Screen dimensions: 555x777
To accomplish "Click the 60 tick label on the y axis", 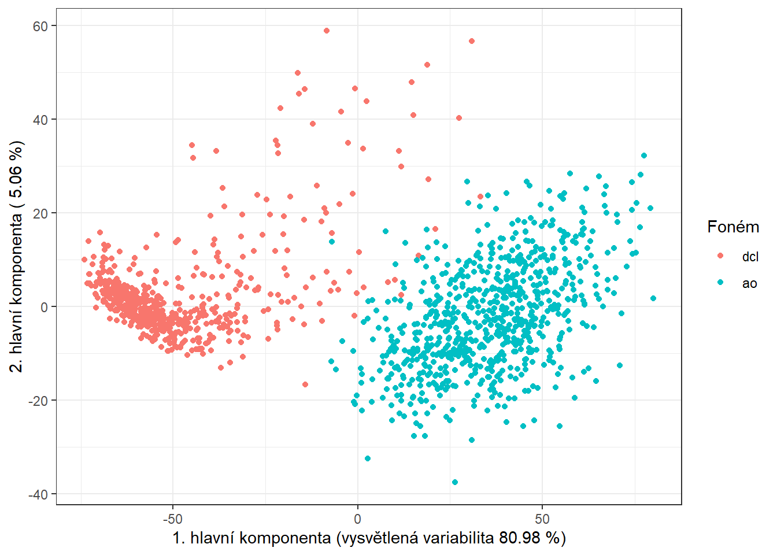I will click(x=40, y=26).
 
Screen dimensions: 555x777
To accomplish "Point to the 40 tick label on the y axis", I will click(x=40, y=120).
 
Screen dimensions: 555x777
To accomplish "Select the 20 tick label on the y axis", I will click(x=40, y=213).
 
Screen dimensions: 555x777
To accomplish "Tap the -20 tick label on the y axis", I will click(x=38, y=401).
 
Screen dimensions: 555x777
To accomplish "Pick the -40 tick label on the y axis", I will click(x=38, y=494).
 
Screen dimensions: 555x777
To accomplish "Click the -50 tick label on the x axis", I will click(x=172, y=519).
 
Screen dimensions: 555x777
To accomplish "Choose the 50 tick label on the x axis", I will click(x=542, y=519).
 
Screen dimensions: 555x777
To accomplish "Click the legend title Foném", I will click(x=733, y=227).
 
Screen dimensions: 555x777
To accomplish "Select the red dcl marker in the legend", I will click(x=720, y=256).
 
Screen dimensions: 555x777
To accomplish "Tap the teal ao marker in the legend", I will click(x=720, y=283).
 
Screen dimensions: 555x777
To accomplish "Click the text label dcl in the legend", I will click(x=750, y=257).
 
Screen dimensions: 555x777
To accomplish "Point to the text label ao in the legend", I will click(x=749, y=283).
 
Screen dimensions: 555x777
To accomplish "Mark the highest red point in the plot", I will click(x=327, y=31).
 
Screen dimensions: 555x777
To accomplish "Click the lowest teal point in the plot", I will click(x=455, y=482).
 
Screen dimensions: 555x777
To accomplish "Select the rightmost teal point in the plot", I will click(x=653, y=298).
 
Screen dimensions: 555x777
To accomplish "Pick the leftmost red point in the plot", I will click(x=84, y=260).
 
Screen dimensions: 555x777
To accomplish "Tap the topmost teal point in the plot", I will click(x=644, y=156).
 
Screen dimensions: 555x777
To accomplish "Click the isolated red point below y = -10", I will click(x=305, y=384).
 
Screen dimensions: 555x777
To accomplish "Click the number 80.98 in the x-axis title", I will click(x=520, y=538).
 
